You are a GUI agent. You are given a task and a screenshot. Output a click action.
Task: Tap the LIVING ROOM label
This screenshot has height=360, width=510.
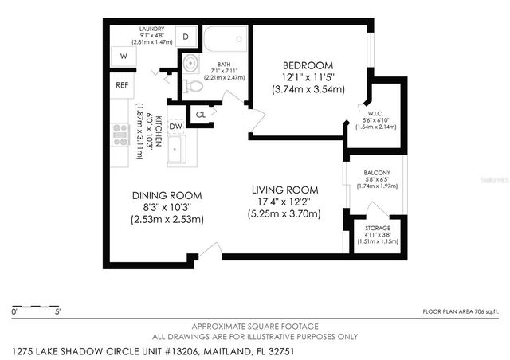pyautogui.click(x=284, y=190)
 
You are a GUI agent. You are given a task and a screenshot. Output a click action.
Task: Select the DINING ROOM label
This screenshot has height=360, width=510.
pyautogui.click(x=167, y=195)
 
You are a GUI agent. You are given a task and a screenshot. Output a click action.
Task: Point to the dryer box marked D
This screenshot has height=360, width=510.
pyautogui.click(x=185, y=37)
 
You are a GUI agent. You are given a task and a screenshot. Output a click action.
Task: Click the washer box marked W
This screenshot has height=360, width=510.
pyautogui.click(x=124, y=57)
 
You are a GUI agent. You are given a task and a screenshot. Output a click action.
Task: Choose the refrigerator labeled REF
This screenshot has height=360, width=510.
pyautogui.click(x=122, y=84)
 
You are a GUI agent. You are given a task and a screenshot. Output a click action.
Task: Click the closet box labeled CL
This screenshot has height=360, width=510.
pyautogui.click(x=201, y=115)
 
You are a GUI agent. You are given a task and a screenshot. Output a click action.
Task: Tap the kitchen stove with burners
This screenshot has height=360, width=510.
pyautogui.click(x=121, y=132)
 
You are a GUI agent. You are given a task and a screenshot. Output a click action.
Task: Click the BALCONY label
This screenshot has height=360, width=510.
pyautogui.click(x=376, y=173)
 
